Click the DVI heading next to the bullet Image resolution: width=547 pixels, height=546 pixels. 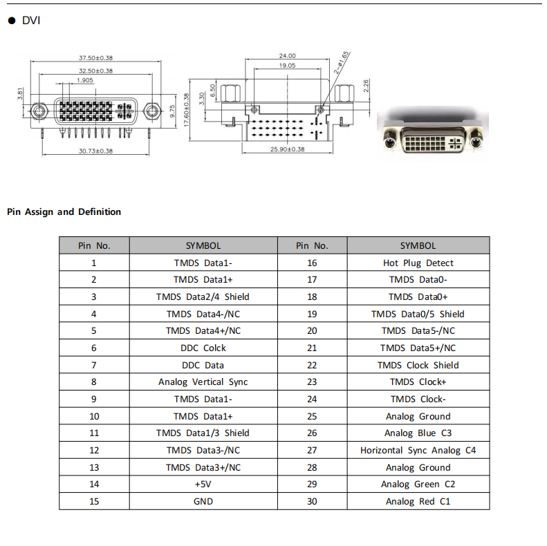coord(31,20)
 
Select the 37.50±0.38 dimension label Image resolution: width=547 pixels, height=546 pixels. coord(95,57)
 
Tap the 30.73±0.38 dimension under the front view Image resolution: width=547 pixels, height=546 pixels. coord(95,151)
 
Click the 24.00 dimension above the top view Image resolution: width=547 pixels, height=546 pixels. coord(287,55)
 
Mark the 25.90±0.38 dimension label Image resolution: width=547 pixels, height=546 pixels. coord(287,149)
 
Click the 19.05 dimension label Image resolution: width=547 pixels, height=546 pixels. coord(287,65)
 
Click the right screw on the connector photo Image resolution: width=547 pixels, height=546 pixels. coord(476,143)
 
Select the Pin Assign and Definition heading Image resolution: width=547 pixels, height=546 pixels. coord(64,211)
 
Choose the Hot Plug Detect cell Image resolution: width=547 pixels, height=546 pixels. coord(418,263)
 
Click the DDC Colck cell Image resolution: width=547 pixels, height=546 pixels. coord(203,348)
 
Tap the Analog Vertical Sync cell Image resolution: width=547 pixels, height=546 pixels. coord(203,382)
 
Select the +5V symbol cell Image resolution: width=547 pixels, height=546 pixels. coord(203,484)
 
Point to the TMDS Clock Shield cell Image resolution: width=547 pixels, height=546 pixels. coord(418,365)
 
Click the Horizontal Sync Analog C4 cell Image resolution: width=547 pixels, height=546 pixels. coord(418,450)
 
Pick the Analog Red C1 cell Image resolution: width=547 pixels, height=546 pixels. coord(418,501)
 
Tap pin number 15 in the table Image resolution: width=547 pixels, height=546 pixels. coord(94,501)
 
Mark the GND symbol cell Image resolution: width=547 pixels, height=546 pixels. coord(203,501)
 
